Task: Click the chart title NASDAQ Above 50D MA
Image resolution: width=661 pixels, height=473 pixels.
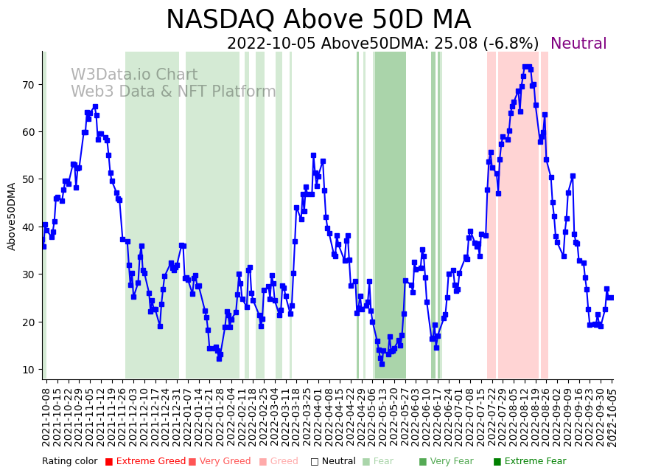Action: tap(318, 20)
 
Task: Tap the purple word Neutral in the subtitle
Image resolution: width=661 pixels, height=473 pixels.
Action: tap(578, 44)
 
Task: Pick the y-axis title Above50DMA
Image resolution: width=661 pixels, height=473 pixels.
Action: tap(12, 216)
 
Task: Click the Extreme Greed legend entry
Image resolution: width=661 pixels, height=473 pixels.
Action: tap(145, 462)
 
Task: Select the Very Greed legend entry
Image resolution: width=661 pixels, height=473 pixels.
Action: tap(220, 462)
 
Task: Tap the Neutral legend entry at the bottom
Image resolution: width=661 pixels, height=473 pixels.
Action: tap(333, 462)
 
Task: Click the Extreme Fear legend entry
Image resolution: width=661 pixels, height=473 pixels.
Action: tap(530, 462)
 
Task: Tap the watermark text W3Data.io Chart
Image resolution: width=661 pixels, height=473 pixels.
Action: tap(134, 75)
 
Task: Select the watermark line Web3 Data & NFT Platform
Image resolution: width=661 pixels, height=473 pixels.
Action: tap(173, 92)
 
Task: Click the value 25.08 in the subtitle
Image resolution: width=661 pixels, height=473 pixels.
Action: tap(456, 44)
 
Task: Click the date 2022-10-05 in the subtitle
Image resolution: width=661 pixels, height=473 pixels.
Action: tap(271, 44)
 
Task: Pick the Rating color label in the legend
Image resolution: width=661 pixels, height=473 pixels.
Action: tap(69, 462)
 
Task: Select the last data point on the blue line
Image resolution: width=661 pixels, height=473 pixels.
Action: tap(611, 297)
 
